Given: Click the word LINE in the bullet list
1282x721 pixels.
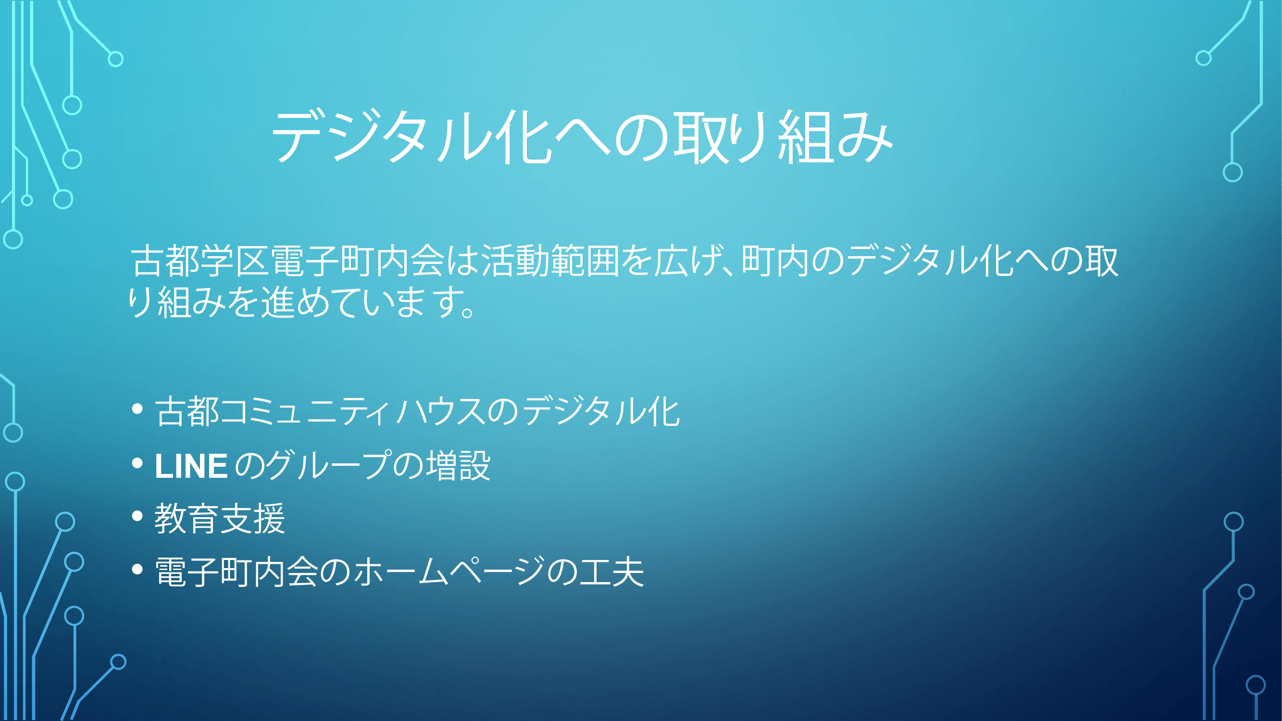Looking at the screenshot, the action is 191,466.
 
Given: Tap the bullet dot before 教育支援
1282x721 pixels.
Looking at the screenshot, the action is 137,516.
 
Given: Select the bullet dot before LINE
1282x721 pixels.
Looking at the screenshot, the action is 137,463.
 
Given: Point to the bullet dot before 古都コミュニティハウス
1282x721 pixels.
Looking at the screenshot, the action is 137,409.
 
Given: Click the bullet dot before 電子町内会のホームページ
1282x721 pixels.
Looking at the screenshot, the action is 137,569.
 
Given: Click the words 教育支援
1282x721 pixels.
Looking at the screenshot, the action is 220,519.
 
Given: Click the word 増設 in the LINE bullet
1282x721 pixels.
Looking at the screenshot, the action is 460,466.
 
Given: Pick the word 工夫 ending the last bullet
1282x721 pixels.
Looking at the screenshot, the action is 611,572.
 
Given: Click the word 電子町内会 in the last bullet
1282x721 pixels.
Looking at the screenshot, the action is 236,571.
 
